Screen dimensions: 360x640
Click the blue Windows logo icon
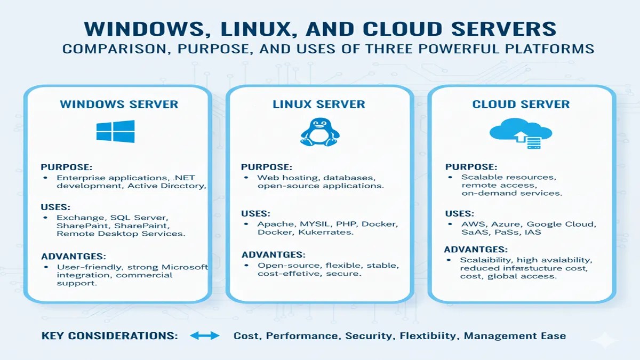(x=115, y=132)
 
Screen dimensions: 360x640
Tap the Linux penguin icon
(x=319, y=132)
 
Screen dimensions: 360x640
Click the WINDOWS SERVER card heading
(x=119, y=104)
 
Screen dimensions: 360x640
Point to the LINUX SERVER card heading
(x=319, y=104)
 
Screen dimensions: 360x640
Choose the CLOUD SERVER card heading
(x=521, y=104)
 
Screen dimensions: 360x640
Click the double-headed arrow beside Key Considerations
(x=205, y=336)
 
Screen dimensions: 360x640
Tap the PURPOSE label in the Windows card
(x=66, y=166)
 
